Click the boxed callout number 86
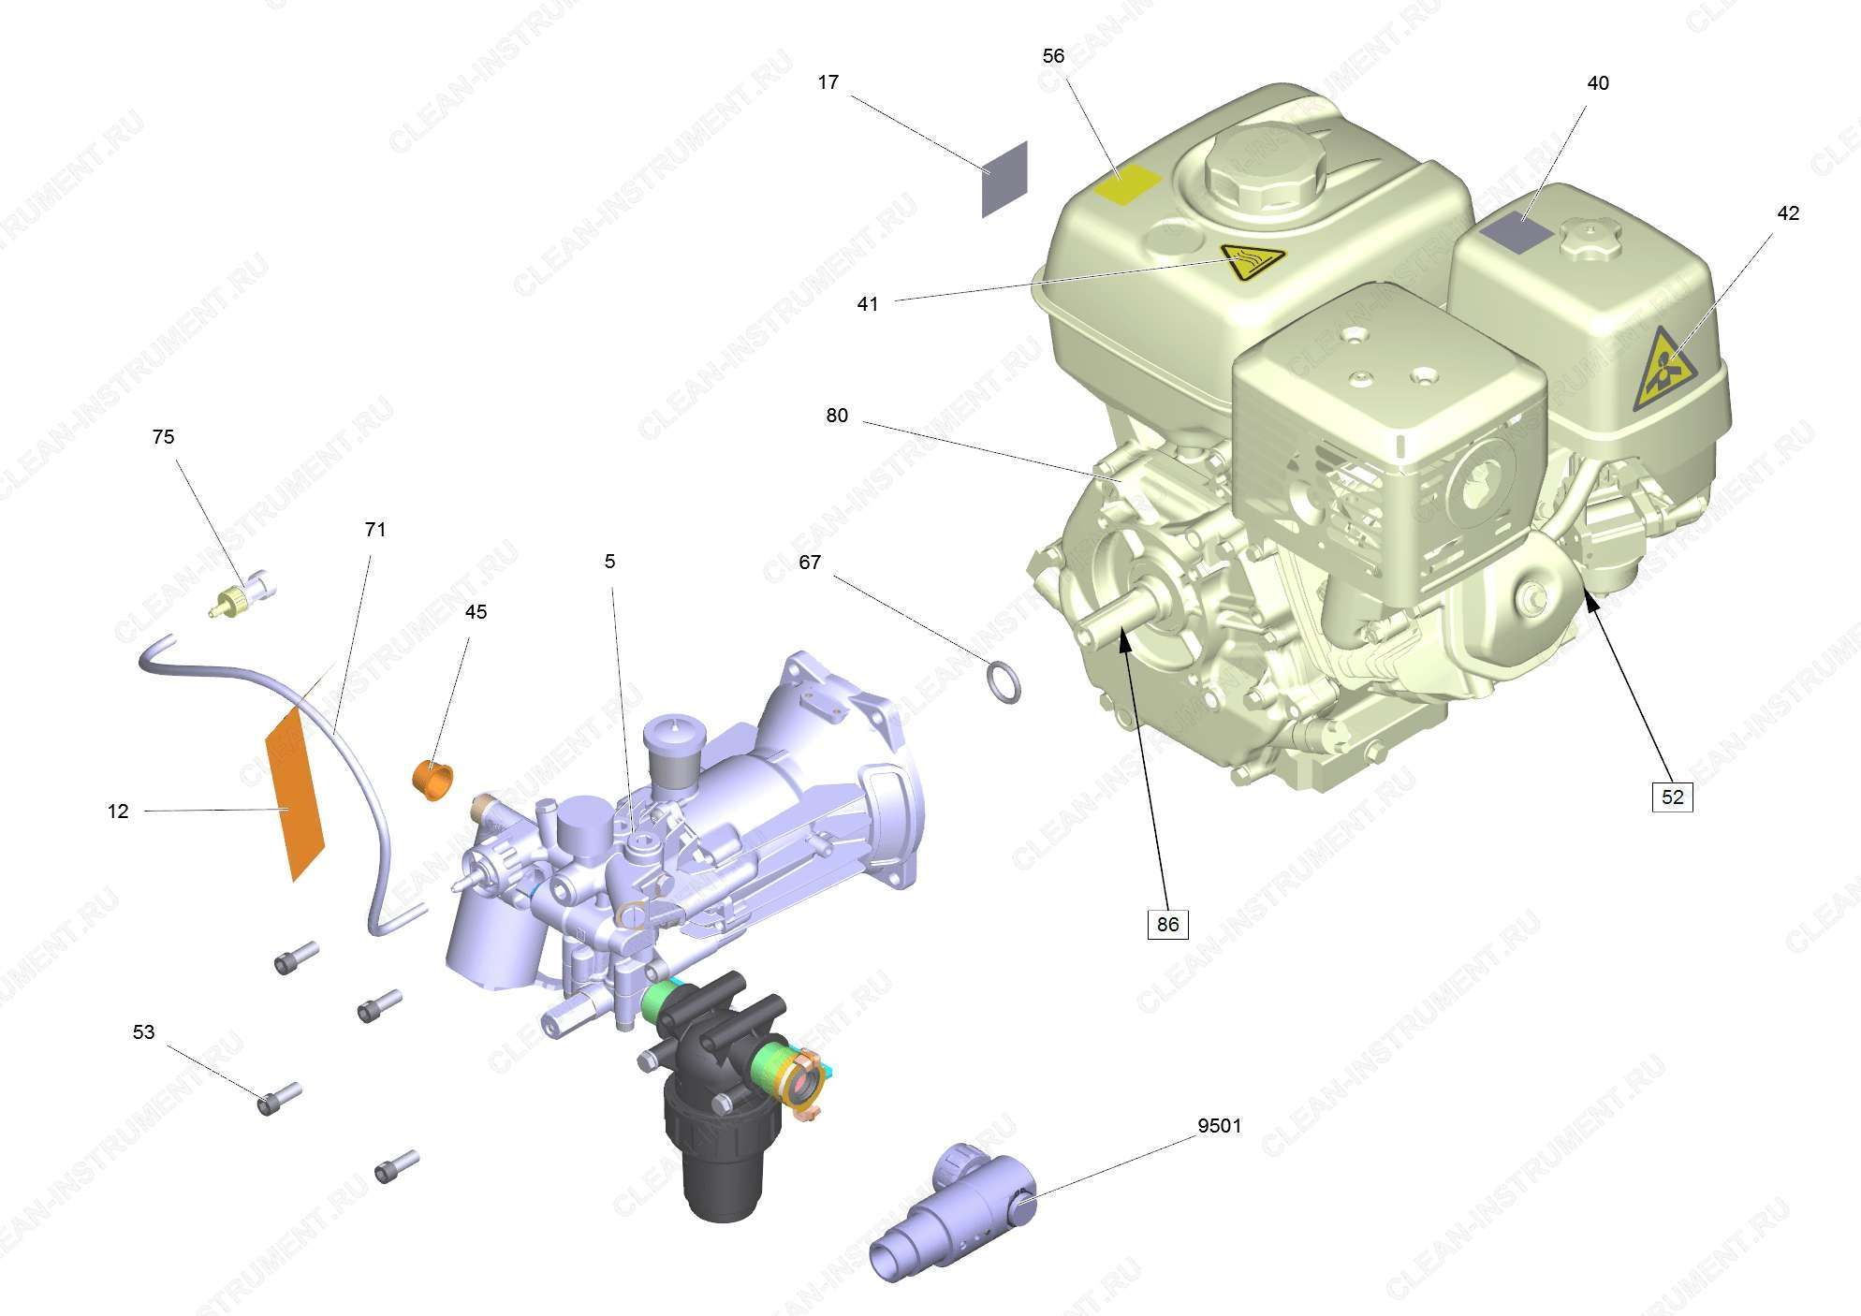coord(1167,924)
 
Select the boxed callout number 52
coord(1672,797)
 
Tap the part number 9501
coord(1219,1126)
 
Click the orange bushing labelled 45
coord(432,780)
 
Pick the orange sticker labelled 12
coord(295,794)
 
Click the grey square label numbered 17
coord(1004,180)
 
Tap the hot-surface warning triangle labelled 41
coord(1253,262)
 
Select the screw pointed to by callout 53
coord(278,1098)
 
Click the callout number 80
coord(837,416)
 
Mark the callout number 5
coord(609,562)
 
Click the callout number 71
coord(374,530)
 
